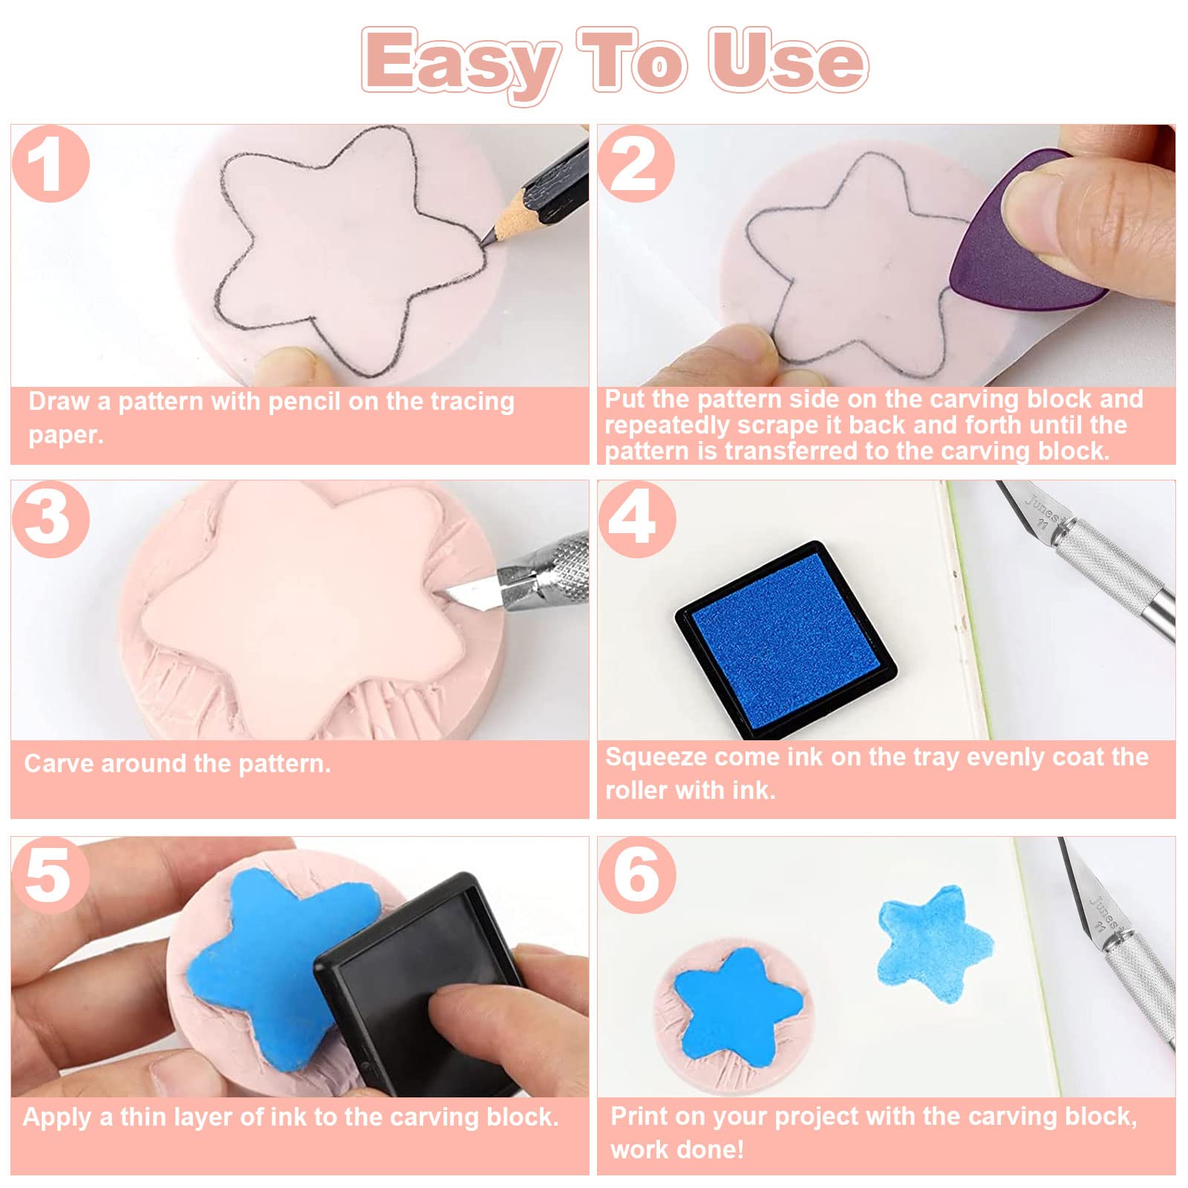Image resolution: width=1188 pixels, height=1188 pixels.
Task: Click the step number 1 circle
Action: coord(50,164)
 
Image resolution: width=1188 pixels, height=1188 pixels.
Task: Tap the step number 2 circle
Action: coord(636,164)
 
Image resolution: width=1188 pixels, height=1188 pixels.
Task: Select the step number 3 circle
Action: coord(50,519)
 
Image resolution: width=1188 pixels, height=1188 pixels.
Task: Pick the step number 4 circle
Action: coord(636,519)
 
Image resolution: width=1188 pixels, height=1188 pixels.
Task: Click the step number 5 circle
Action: coord(50,875)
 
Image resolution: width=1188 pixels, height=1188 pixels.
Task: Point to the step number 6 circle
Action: coord(636,875)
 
